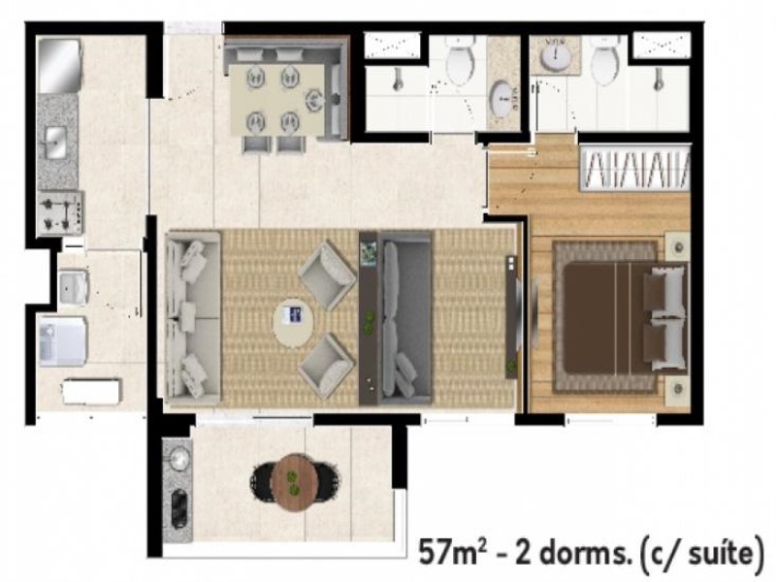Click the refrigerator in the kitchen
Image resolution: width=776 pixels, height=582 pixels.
coord(57,65)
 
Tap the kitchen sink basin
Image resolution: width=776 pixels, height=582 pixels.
coord(54,145)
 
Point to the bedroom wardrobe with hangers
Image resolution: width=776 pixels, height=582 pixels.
coord(634,167)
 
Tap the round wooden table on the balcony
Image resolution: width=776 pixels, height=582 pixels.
coord(294,477)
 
